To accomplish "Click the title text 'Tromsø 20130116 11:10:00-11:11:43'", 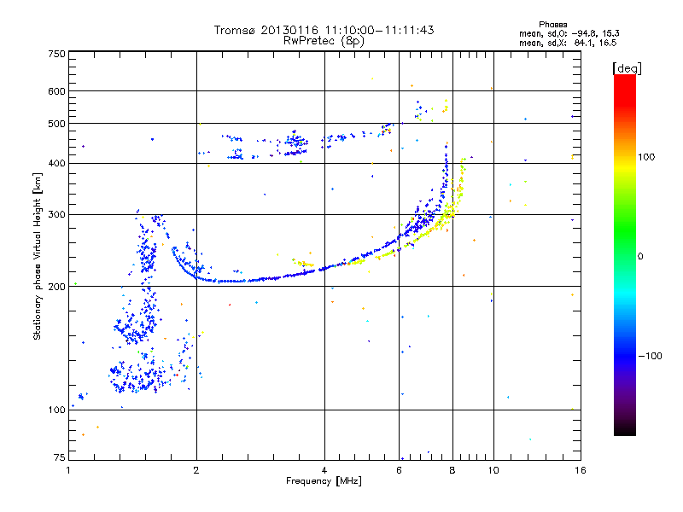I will tap(324, 30).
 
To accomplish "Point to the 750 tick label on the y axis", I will tap(57, 54).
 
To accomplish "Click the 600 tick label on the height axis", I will tap(57, 91).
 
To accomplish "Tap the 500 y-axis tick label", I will tap(57, 124).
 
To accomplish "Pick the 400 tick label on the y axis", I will tap(57, 164).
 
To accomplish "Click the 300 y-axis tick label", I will tap(57, 215).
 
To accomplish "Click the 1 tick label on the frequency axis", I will tap(68, 470).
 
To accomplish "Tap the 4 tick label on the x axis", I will tap(324, 470).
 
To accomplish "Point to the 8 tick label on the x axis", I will tap(452, 470).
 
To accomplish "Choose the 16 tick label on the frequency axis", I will tap(579, 470).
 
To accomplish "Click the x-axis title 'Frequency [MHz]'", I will tap(324, 482).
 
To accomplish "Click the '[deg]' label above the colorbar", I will tap(628, 67).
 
